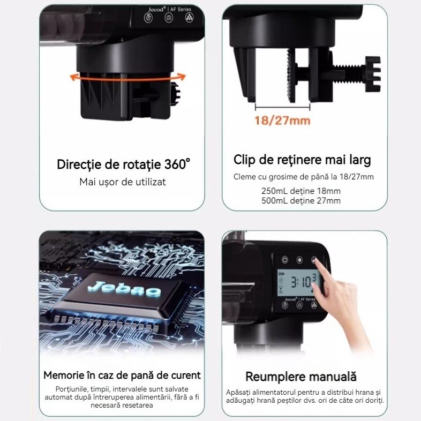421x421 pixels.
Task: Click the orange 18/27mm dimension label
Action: [x=282, y=121]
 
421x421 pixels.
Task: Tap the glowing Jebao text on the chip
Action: [x=125, y=289]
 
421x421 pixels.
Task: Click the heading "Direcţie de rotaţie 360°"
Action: [x=124, y=164]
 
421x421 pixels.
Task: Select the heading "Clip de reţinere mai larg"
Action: [x=302, y=160]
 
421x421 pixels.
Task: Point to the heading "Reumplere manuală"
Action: [x=301, y=377]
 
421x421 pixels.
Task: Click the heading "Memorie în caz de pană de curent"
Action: [x=122, y=375]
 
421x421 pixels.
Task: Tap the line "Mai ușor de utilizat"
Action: [x=123, y=182]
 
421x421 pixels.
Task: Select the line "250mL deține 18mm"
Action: [x=301, y=191]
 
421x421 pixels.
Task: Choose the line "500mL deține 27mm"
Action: [x=301, y=200]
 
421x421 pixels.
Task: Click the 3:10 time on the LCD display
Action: [x=301, y=282]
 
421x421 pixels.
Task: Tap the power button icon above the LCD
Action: [x=284, y=260]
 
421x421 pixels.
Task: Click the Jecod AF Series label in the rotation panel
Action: [x=169, y=10]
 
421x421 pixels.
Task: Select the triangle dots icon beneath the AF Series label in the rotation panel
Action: [x=189, y=18]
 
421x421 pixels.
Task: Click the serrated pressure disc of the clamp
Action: [x=291, y=76]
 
